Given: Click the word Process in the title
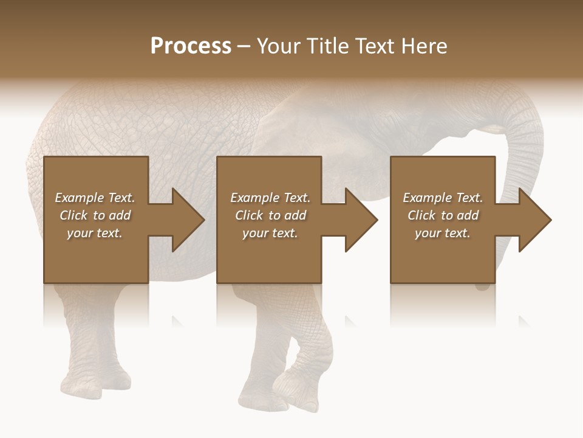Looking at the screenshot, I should pos(191,46).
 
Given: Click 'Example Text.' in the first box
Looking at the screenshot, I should pos(95,198).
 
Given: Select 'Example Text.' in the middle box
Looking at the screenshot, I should pos(270,198).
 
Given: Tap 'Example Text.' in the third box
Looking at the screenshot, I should pos(443,198).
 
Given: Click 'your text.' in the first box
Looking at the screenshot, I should pos(95,233).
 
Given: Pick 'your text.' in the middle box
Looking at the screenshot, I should pos(270,233).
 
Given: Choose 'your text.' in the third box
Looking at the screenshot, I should pos(443,233).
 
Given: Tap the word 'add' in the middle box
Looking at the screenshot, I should pos(295,215).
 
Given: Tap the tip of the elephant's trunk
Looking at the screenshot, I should pos(483,285).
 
